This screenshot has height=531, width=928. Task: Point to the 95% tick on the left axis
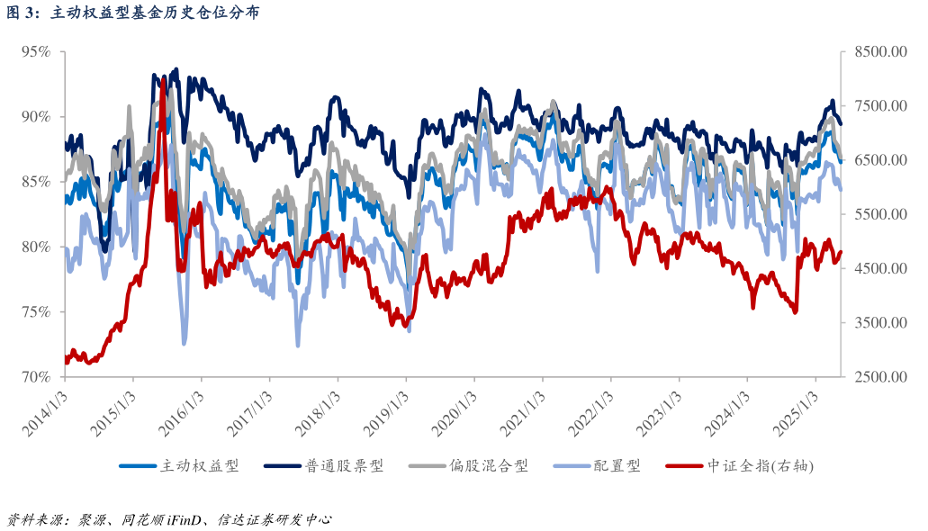click(35, 51)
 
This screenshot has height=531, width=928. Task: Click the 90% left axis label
click(35, 116)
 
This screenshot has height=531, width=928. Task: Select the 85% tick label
click(35, 182)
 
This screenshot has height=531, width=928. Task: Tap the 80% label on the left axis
click(35, 247)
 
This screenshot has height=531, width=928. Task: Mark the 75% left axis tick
click(35, 311)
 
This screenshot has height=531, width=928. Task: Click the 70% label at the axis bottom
click(35, 376)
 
